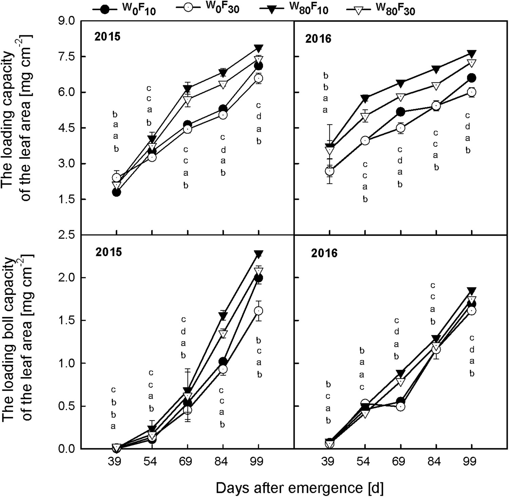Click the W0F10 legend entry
coord(124,9)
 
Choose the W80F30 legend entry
coord(380,9)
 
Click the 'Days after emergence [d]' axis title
coord(300,488)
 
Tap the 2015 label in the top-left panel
coord(108,36)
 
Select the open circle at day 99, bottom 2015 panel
coord(259,311)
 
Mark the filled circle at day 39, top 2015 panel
coord(116,192)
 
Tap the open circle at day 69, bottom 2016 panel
coord(401,406)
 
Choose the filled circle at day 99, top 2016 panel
coord(471,78)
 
